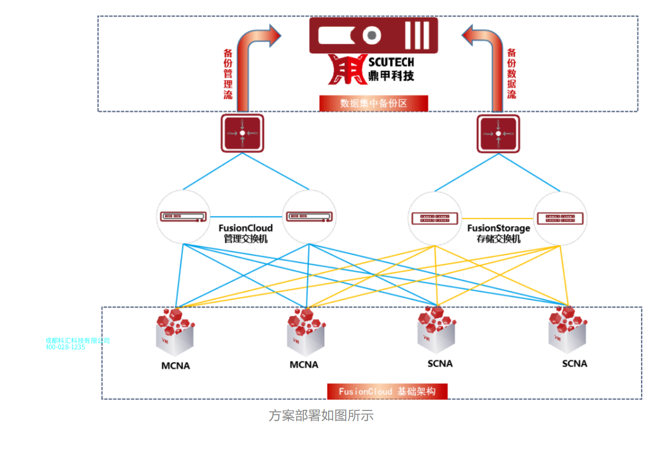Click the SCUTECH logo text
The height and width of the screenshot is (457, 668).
(x=391, y=63)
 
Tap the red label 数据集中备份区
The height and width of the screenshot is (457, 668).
(x=373, y=103)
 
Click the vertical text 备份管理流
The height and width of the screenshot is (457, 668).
(x=228, y=74)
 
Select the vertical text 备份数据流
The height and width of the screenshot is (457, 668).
(x=511, y=74)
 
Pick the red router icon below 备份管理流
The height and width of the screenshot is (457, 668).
(x=242, y=133)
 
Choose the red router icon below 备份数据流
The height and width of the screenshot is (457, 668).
(x=498, y=133)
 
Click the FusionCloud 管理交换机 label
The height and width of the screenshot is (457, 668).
(x=246, y=233)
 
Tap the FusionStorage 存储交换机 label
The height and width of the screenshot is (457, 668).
(x=499, y=233)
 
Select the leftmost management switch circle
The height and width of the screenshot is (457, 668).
(x=184, y=217)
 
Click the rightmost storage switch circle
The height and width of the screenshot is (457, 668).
(x=560, y=218)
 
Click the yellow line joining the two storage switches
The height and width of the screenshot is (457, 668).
(x=497, y=219)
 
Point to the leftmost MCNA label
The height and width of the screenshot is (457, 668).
(x=175, y=366)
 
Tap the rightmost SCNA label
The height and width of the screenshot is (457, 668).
(x=574, y=364)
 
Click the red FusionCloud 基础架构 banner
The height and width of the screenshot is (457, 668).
(x=387, y=392)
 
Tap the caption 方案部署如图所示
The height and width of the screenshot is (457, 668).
(x=321, y=416)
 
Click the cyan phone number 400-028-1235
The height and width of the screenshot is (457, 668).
(x=65, y=347)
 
